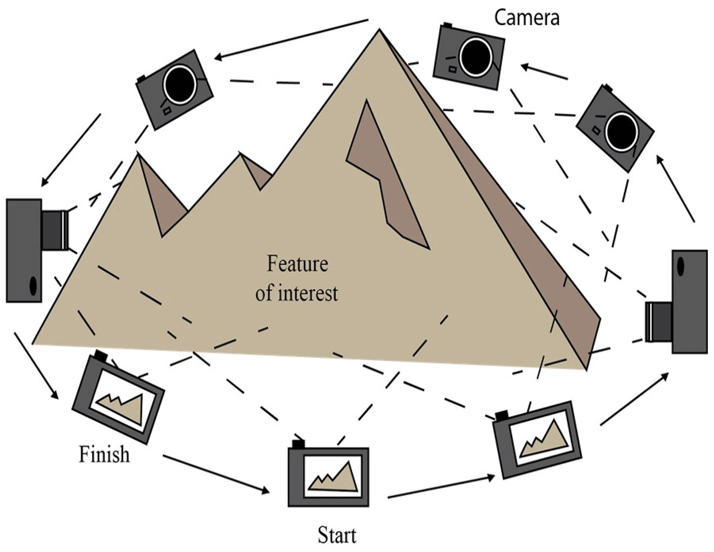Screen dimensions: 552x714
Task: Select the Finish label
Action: [104, 454]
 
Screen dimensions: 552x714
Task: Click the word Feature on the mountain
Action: [297, 264]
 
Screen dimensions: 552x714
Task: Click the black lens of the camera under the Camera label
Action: [476, 57]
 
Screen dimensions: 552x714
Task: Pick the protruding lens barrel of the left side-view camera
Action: [55, 230]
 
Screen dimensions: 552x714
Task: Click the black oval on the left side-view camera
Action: [33, 286]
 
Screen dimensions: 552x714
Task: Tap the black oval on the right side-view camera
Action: [680, 266]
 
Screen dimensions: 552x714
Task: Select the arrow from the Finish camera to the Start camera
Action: [216, 474]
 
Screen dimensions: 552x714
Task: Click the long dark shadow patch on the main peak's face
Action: [387, 173]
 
